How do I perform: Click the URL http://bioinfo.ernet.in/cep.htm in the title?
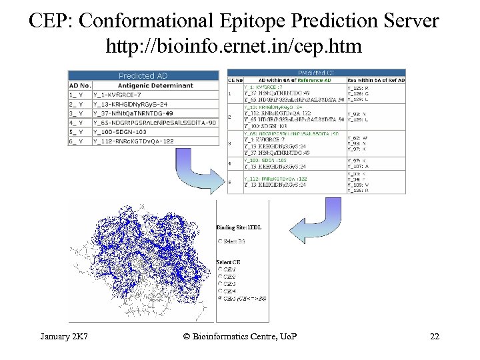[233, 47]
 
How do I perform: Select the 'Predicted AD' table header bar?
[143, 76]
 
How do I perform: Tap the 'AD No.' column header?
[79, 85]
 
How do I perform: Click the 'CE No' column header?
[235, 80]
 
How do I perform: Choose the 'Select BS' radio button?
[219, 240]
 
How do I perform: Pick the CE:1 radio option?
[219, 269]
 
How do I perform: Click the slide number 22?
[435, 336]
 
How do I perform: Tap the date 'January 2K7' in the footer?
[65, 336]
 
